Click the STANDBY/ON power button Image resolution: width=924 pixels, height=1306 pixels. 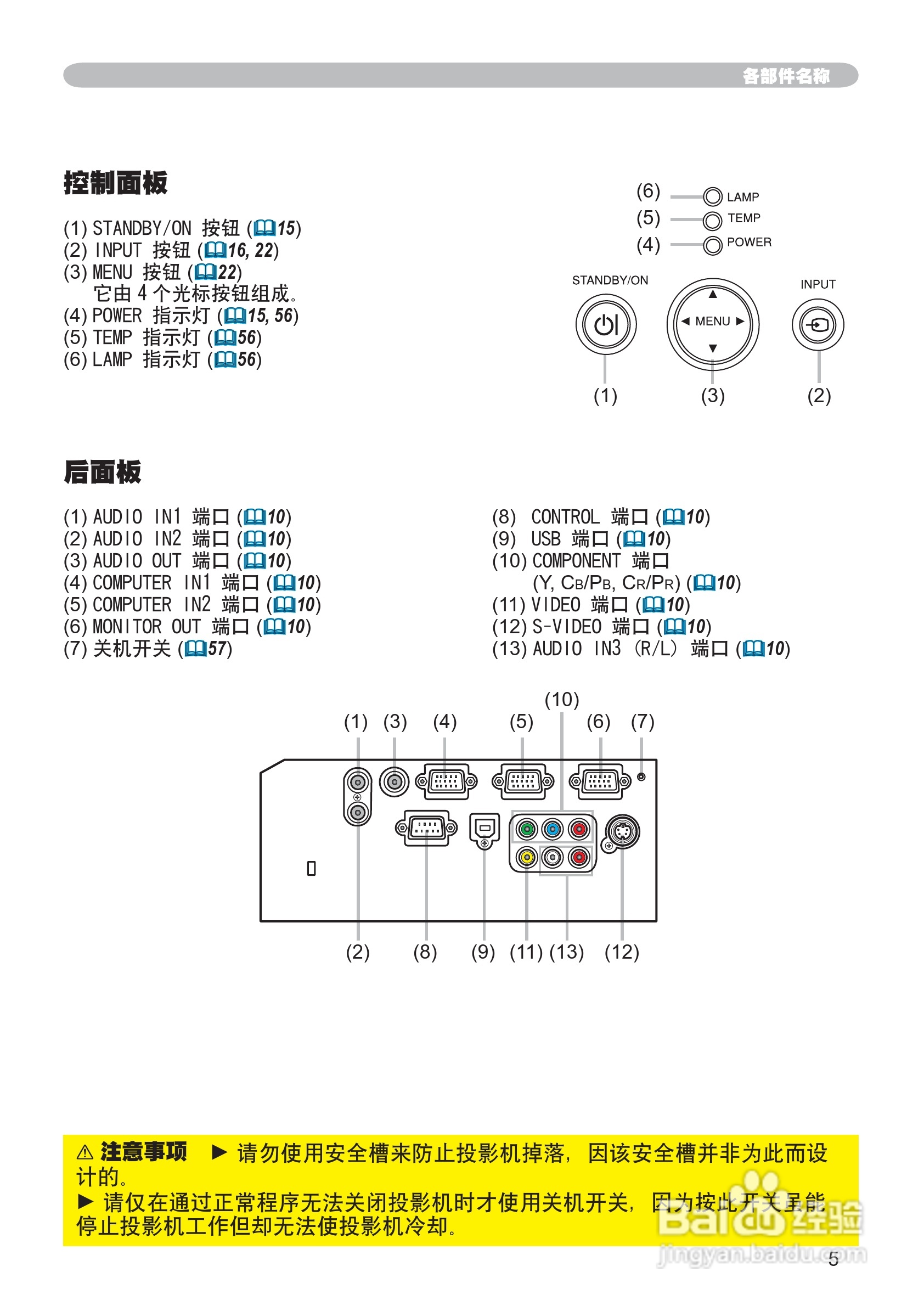point(605,325)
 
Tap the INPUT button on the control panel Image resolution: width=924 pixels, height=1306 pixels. point(818,325)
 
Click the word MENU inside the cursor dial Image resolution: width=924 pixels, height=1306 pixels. point(712,322)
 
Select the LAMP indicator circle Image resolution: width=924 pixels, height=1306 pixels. point(712,197)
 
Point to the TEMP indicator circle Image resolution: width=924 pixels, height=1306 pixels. point(712,220)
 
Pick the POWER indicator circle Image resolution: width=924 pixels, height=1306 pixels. point(712,246)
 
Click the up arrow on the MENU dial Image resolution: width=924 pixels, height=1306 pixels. point(713,295)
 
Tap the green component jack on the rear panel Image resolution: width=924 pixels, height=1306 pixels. point(527,829)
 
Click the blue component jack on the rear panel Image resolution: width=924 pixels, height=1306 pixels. point(553,829)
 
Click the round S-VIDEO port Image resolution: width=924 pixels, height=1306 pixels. point(622,831)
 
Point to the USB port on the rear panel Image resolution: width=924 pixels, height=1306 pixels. point(484,829)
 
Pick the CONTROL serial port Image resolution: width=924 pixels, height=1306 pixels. point(426,828)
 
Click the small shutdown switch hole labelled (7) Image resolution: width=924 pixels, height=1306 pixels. point(641,777)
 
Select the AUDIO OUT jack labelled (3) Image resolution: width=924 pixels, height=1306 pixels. point(395,781)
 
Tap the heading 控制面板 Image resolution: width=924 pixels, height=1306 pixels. point(115,183)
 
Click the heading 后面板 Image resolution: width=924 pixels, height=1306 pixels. point(103,472)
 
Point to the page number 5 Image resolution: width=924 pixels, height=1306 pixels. point(833,1259)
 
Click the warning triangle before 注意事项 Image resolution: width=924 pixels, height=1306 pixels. point(85,1153)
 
